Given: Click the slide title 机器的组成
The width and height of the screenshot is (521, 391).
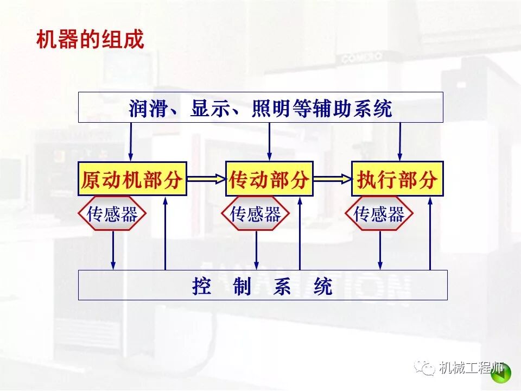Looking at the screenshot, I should coord(90,40).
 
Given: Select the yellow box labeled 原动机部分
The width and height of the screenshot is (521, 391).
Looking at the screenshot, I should coord(132,179).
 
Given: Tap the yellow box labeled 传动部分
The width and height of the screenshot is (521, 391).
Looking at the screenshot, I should coord(269,179).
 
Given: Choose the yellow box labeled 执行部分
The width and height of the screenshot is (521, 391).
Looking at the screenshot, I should coord(397,179).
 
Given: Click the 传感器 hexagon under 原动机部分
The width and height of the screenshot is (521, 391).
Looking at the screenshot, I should coord(112,214).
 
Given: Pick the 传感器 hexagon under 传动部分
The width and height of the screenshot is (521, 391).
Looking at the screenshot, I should coord(256,214).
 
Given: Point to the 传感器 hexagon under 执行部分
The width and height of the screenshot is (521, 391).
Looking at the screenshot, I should coord(379,214).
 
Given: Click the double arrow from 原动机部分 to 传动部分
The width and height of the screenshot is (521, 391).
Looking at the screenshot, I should coord(206,178).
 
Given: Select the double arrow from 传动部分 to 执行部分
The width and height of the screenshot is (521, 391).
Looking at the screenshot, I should coord(332,178).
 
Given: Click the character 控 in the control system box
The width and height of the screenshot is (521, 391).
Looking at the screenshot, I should coord(201,286).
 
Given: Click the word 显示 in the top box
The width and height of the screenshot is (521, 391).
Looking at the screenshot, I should coord(209,108).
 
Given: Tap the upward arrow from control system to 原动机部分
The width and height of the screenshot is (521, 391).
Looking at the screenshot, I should coord(166,234).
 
